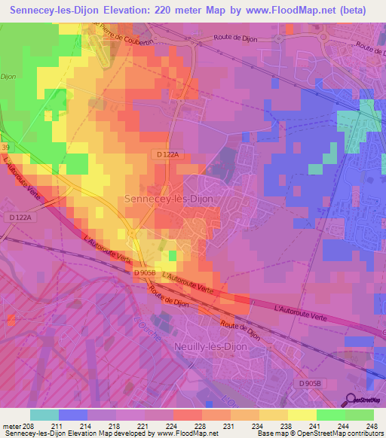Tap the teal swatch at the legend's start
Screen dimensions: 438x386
click(x=44, y=415)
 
